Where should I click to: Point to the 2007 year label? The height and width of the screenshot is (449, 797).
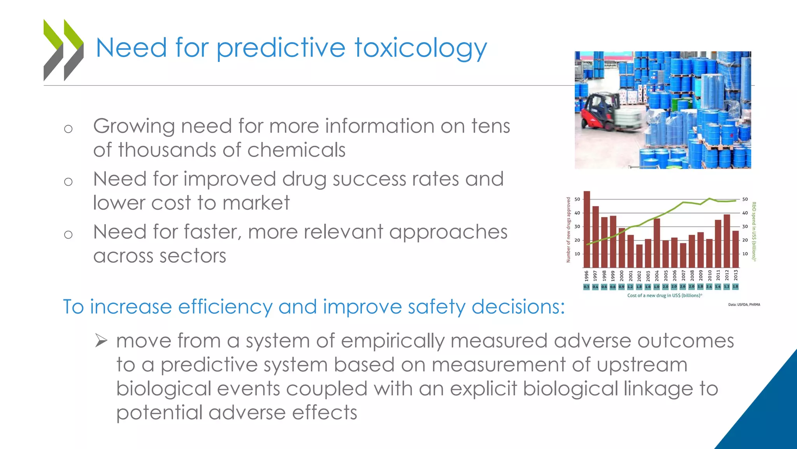[x=683, y=276]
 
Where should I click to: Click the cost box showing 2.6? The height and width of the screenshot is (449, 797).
[x=683, y=286]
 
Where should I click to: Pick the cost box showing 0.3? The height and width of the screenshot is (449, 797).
[x=586, y=287]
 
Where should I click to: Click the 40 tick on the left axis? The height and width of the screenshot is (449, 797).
[x=577, y=213]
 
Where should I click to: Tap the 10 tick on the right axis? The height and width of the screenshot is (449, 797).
[x=745, y=254]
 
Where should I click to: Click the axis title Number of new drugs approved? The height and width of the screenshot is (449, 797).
[x=568, y=230]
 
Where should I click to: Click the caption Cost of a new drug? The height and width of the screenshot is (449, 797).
[x=664, y=295]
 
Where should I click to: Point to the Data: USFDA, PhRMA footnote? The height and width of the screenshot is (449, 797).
[x=744, y=304]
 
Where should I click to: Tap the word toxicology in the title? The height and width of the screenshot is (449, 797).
[x=420, y=48]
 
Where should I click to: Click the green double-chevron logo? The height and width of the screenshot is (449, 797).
[x=63, y=50]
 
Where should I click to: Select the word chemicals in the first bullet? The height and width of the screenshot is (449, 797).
[x=296, y=150]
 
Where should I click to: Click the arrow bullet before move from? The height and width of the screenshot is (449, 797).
[x=101, y=341]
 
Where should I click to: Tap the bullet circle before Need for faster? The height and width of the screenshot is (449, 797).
[x=68, y=234]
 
